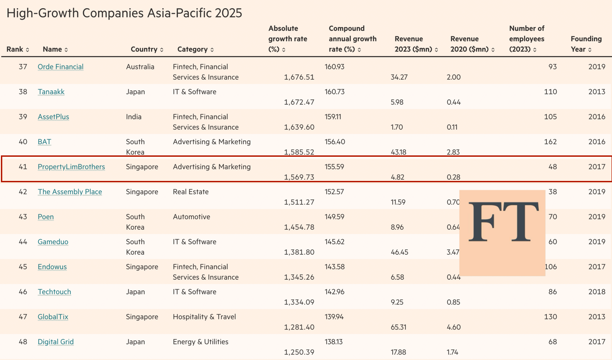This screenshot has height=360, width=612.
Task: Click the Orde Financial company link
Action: tap(61, 67)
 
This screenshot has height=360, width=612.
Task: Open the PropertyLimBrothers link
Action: tap(71, 167)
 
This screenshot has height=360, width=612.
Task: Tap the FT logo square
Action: tap(502, 232)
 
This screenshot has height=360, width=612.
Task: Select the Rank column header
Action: tap(17, 49)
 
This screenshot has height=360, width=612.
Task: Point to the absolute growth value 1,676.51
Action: tap(299, 77)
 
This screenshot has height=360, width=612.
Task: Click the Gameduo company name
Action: tap(53, 242)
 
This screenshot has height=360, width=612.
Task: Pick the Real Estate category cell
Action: tap(190, 192)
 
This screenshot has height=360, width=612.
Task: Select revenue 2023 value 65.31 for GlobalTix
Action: tap(399, 327)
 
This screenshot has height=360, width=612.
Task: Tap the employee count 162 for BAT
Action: tap(550, 142)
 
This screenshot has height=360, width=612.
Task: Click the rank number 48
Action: tap(23, 342)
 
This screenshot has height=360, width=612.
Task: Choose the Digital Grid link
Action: tap(56, 342)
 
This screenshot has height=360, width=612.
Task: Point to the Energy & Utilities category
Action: tap(201, 342)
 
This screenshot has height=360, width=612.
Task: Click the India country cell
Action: tap(134, 117)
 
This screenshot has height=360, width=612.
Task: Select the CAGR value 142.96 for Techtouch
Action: tap(334, 292)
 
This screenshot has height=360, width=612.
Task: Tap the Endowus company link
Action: tap(52, 267)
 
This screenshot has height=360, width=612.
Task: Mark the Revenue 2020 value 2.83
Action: tap(453, 152)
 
